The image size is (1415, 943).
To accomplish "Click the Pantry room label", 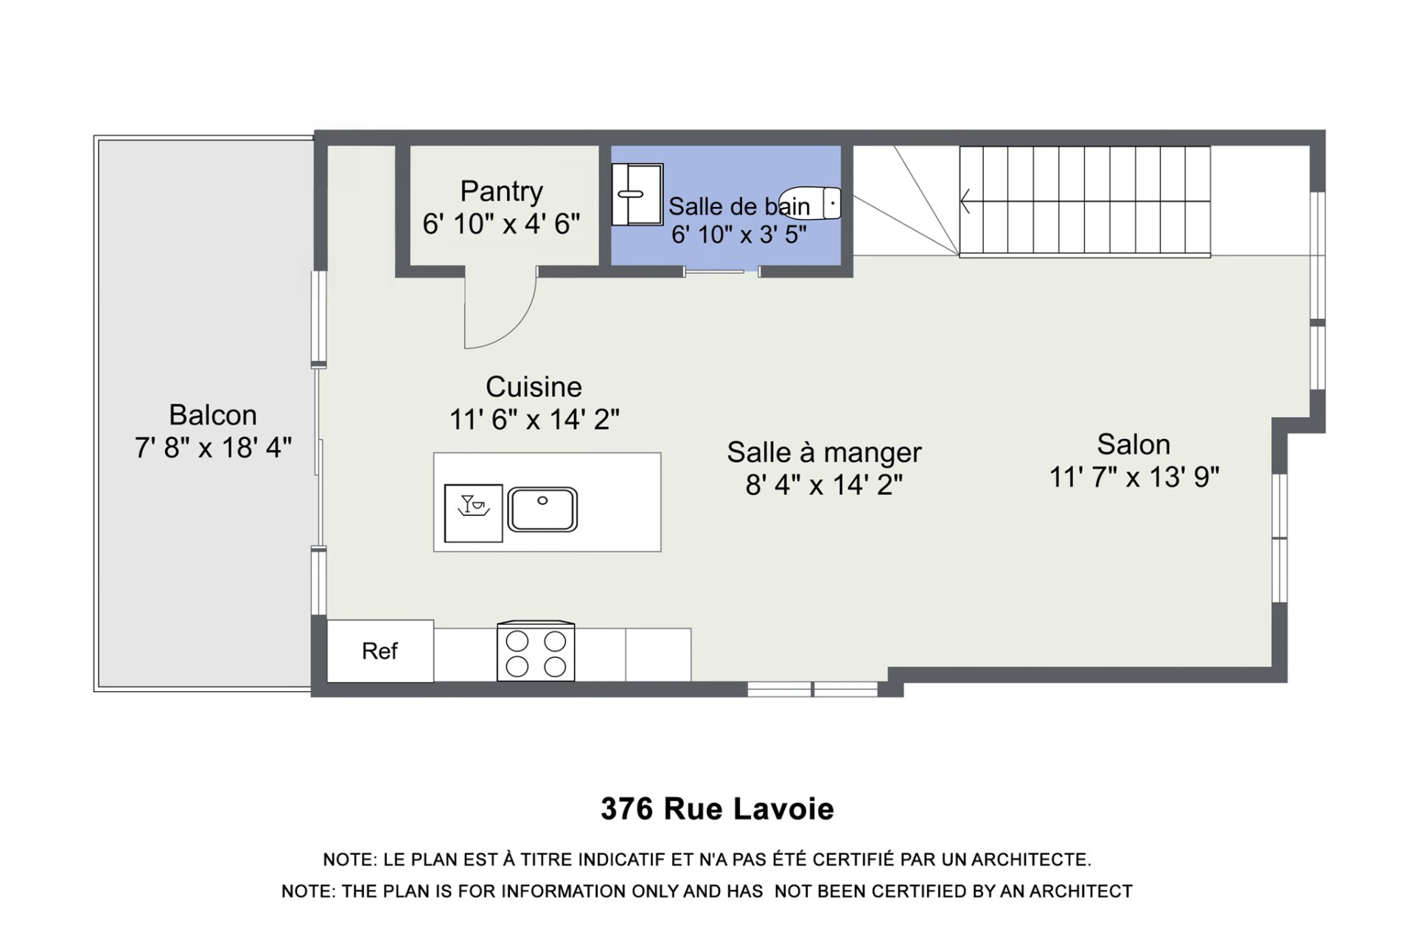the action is (x=501, y=191).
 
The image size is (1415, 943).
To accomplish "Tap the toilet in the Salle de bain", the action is (x=811, y=203).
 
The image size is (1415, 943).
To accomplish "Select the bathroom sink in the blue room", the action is (x=637, y=194).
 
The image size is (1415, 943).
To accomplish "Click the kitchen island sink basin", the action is (x=542, y=509).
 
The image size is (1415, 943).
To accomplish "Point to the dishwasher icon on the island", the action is (x=474, y=513).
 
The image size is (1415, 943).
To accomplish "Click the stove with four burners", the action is (x=536, y=651).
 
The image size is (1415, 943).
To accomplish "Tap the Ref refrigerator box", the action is (x=380, y=651).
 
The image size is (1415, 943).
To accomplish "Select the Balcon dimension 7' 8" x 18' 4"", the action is (x=213, y=447).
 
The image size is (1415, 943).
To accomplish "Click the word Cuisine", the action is (x=534, y=387).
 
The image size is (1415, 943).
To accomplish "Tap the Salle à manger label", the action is (x=824, y=452).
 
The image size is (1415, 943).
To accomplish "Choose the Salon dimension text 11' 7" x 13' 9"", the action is (x=1134, y=477).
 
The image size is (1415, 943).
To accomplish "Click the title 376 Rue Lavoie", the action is (x=717, y=809).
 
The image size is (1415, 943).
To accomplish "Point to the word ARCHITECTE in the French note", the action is (x=1031, y=860).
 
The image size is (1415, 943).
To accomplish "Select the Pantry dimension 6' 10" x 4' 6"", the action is (x=501, y=223).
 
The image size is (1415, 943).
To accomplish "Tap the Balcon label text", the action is (x=213, y=415).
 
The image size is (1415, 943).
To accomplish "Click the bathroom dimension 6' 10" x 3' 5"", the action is (x=739, y=234).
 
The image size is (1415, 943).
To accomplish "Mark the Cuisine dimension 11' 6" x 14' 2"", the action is (x=534, y=419).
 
